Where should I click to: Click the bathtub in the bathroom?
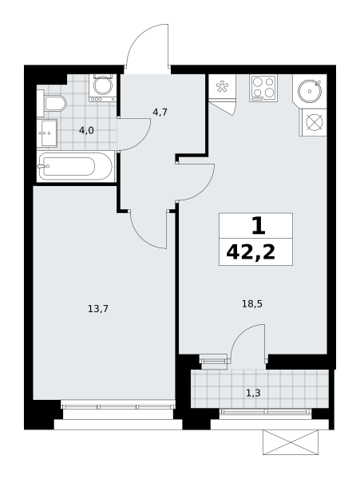coord(76,167)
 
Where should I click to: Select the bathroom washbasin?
coord(47,133)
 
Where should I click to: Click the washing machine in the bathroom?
coord(103,88)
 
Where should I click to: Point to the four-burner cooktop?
coord(263,89)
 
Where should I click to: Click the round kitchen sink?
coord(310,91)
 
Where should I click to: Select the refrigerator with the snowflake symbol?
coord(222,87)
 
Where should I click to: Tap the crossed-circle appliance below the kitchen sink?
coord(314,122)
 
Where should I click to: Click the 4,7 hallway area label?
coord(160,113)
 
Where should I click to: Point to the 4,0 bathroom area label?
coord(86,131)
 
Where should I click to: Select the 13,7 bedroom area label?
coord(98,309)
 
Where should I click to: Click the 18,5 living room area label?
coord(252,304)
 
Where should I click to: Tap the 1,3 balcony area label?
coord(253,393)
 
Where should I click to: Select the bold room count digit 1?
coord(259,226)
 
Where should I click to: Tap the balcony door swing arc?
coord(240,333)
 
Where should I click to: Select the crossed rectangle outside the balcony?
coord(291,442)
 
